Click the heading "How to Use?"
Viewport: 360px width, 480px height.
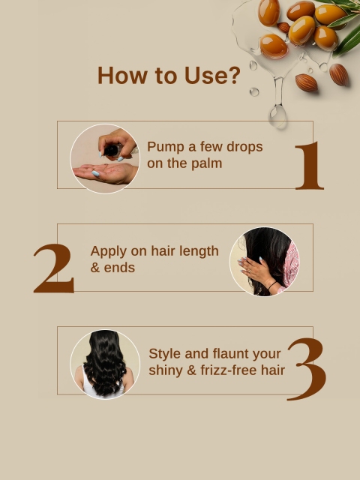[169, 76]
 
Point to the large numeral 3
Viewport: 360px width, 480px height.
[307, 368]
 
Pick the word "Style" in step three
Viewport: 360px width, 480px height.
[166, 353]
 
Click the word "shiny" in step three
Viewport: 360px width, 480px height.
[166, 369]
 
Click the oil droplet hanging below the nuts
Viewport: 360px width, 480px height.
[278, 114]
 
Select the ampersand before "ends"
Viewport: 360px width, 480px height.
[95, 267]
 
